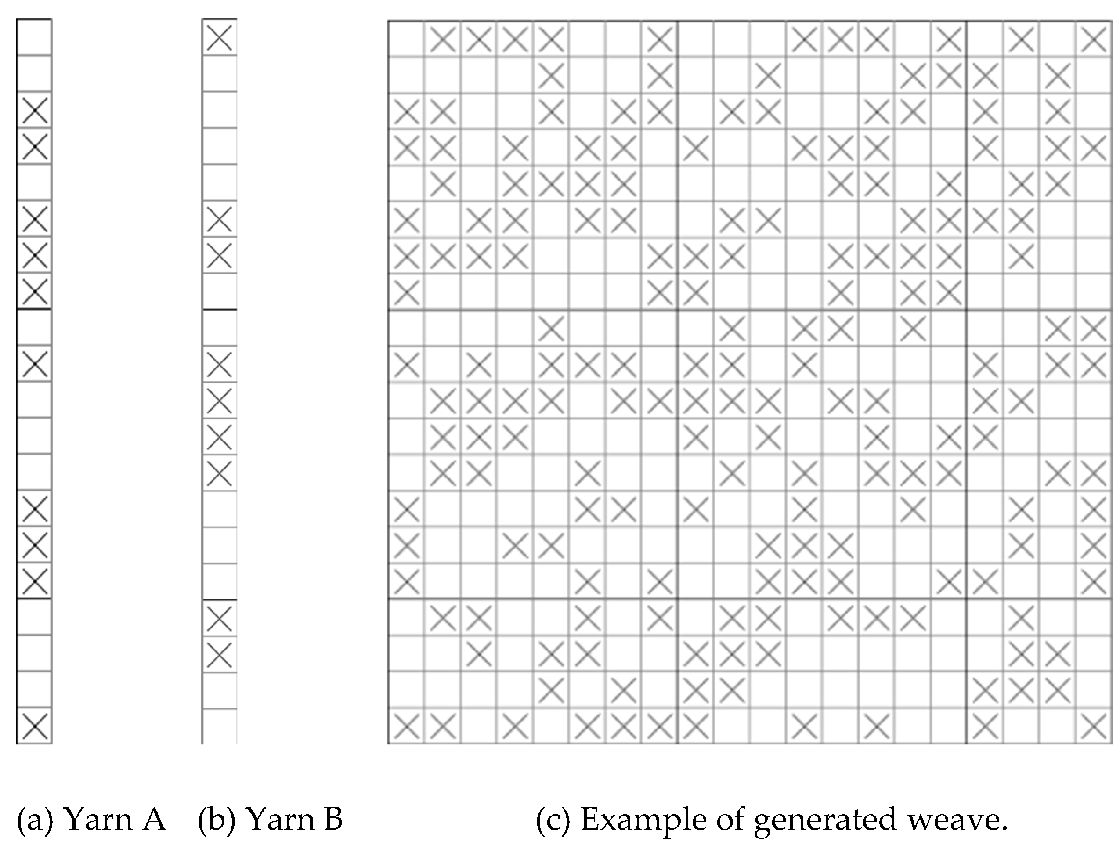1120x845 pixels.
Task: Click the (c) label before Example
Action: pos(553,819)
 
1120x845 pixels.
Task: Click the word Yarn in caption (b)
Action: pos(278,819)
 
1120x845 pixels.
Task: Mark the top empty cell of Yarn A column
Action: pos(34,37)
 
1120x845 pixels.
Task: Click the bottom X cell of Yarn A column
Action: pos(34,726)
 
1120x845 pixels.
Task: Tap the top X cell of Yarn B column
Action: pos(219,37)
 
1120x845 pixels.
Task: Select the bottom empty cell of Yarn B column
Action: pos(219,726)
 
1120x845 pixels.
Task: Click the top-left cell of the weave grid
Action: pos(406,39)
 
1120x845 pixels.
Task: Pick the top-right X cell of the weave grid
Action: pos(1093,39)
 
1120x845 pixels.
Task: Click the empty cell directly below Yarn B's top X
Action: pos(219,74)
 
